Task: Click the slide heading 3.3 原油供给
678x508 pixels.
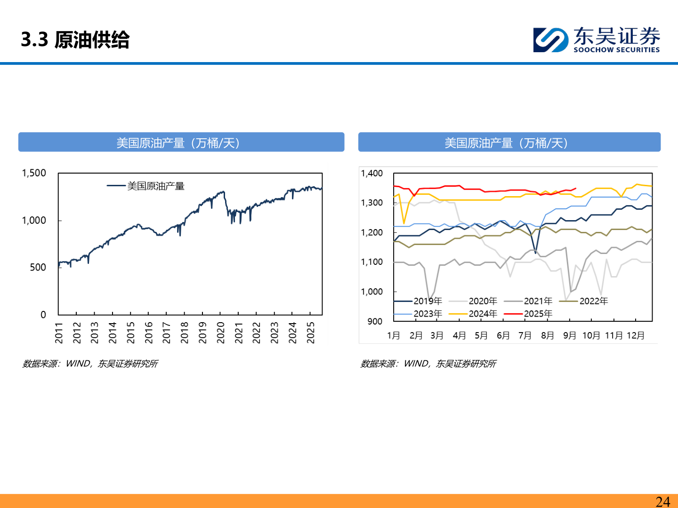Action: point(75,40)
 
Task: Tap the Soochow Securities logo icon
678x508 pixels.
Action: point(550,40)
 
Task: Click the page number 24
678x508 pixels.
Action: point(662,501)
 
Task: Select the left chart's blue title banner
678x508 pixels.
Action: point(181,143)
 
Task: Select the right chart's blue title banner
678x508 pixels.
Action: point(509,143)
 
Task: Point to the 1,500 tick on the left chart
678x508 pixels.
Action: point(34,173)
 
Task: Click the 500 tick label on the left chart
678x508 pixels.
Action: point(38,268)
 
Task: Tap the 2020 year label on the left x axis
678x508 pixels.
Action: point(220,332)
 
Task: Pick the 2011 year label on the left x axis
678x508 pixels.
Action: point(59,332)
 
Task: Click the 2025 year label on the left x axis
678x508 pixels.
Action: point(310,332)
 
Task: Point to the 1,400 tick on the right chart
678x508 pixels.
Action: point(371,174)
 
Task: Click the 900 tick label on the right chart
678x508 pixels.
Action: point(375,321)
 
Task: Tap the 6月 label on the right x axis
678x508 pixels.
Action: point(503,335)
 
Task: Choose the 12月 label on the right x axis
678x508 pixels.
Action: point(636,335)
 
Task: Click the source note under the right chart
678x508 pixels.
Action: point(428,364)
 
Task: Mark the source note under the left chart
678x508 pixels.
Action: point(90,364)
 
